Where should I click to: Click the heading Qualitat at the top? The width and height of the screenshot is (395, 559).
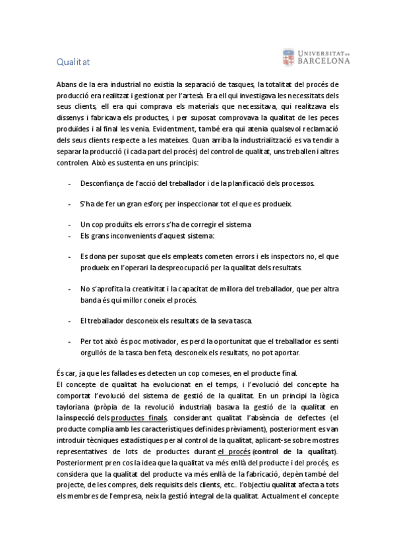pos(73,62)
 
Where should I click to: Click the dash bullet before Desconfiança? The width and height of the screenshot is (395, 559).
pos(69,183)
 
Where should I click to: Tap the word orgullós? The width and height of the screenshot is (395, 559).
pos(94,353)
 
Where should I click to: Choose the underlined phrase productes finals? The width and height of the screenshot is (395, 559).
pos(139,417)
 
